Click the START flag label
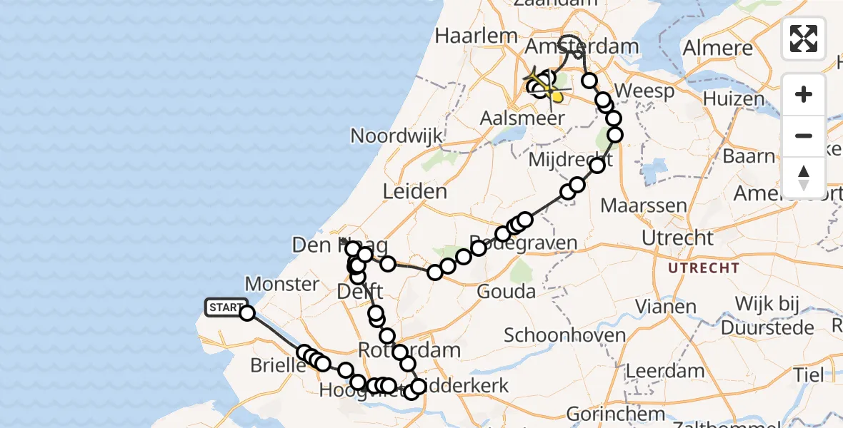click(226, 307)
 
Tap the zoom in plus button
click(804, 95)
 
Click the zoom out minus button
click(804, 136)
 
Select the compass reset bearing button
click(804, 177)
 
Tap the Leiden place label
click(415, 191)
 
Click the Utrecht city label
click(677, 237)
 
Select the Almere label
click(718, 49)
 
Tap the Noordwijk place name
click(396, 136)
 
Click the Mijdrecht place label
click(567, 160)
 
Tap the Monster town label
click(281, 284)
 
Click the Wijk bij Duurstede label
click(768, 316)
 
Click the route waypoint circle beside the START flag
click(247, 312)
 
